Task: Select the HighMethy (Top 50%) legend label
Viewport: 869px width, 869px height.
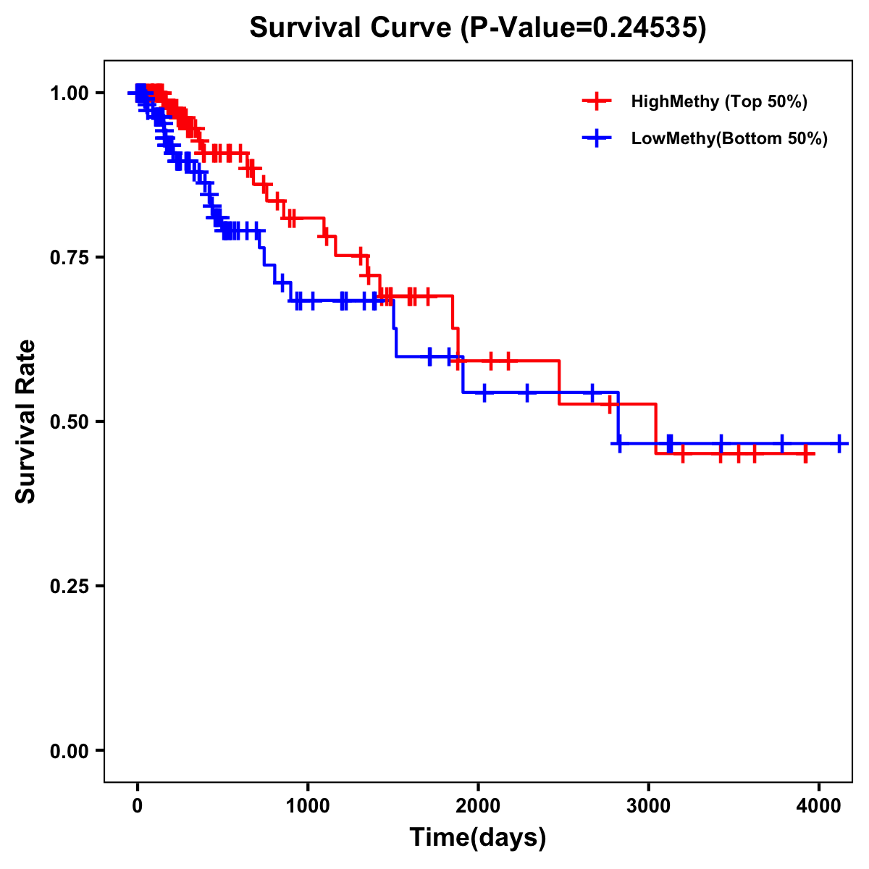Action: pyautogui.click(x=718, y=101)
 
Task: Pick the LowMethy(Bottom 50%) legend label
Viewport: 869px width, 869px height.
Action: pyautogui.click(x=729, y=138)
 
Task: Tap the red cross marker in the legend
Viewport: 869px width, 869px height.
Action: pyautogui.click(x=596, y=101)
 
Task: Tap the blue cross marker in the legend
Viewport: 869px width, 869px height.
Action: pyautogui.click(x=596, y=138)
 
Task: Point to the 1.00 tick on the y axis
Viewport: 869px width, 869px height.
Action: pyautogui.click(x=69, y=93)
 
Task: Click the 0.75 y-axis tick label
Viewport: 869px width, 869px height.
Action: pyautogui.click(x=69, y=257)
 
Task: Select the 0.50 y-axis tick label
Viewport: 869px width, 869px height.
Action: pyautogui.click(x=69, y=421)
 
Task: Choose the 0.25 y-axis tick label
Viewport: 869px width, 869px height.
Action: pyautogui.click(x=69, y=586)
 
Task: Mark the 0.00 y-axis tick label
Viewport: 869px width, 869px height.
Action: pyautogui.click(x=69, y=750)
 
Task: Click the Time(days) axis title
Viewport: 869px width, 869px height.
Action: pyautogui.click(x=478, y=837)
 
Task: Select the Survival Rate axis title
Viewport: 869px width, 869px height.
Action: pyautogui.click(x=26, y=421)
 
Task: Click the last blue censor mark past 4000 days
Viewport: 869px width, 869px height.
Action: pyautogui.click(x=839, y=443)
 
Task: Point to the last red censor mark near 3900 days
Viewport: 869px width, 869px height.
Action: pyautogui.click(x=805, y=454)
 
